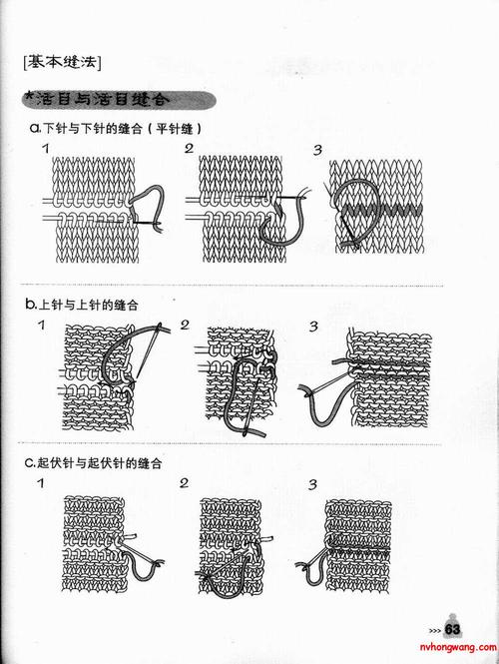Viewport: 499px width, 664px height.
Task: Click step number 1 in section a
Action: tap(46, 150)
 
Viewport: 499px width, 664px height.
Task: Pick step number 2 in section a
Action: tap(189, 150)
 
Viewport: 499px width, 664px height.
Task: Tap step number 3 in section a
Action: tap(317, 151)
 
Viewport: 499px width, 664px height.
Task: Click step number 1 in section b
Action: tap(41, 326)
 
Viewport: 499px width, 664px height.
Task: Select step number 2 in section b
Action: tap(185, 326)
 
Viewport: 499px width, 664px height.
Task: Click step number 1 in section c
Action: tap(41, 484)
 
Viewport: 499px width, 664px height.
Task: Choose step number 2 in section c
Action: tap(185, 484)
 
